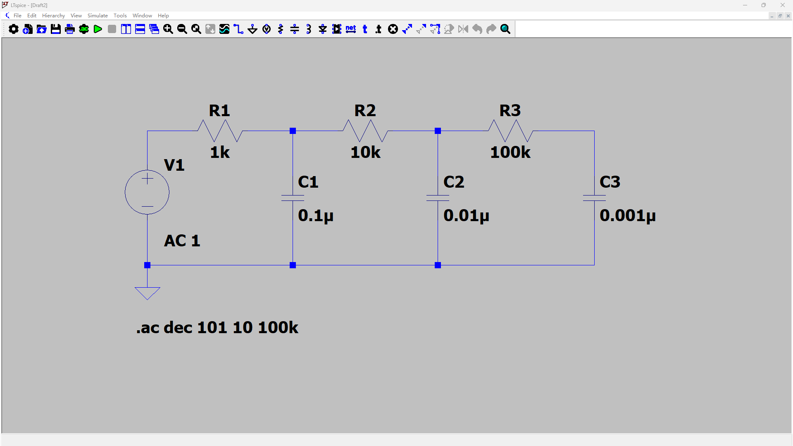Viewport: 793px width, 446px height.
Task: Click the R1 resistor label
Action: tap(219, 111)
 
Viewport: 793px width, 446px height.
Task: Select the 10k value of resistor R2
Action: tap(365, 153)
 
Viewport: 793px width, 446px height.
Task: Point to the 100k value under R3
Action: tap(510, 153)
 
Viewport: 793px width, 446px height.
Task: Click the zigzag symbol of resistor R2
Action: tap(365, 131)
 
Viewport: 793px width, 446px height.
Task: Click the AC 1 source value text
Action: tap(182, 241)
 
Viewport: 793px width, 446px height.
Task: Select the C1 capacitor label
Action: tap(308, 182)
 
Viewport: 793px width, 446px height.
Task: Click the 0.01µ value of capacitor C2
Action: tap(466, 216)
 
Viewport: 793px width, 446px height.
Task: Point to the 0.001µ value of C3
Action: tap(627, 216)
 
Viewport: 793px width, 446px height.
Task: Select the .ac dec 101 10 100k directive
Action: tap(217, 328)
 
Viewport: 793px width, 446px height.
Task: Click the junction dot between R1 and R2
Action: tap(293, 131)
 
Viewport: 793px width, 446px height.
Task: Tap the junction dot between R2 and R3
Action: tap(438, 131)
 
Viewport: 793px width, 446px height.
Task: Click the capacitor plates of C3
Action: tap(594, 198)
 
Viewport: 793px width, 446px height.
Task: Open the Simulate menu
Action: tap(98, 16)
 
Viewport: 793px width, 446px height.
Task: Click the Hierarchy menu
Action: tap(53, 16)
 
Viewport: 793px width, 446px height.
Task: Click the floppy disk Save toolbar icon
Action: tap(56, 29)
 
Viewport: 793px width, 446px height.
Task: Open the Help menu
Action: tap(163, 16)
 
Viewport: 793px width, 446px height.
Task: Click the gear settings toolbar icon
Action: tap(14, 29)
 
